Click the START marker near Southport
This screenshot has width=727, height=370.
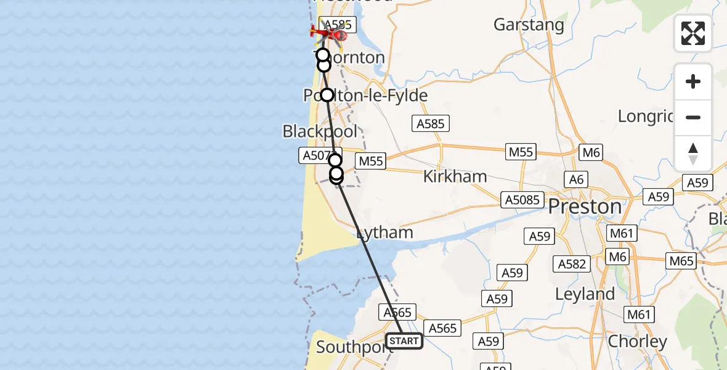pyautogui.click(x=404, y=341)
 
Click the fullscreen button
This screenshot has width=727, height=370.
pyautogui.click(x=693, y=33)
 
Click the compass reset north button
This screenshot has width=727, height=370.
pyautogui.click(x=693, y=154)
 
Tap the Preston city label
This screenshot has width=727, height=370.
pyautogui.click(x=585, y=207)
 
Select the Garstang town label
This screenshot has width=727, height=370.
pyautogui.click(x=529, y=25)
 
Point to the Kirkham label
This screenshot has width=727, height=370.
pyautogui.click(x=455, y=176)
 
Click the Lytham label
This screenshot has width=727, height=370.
pyautogui.click(x=385, y=232)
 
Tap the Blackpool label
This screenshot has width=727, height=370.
pyautogui.click(x=320, y=131)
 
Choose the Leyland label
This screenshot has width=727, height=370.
pyautogui.click(x=585, y=294)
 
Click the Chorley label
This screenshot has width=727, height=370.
pyautogui.click(x=637, y=341)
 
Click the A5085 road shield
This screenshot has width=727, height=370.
pyautogui.click(x=523, y=200)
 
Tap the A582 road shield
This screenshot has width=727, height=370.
pyautogui.click(x=572, y=264)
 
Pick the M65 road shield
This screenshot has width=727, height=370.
pyautogui.click(x=682, y=261)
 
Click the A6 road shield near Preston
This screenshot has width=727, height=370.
pyautogui.click(x=577, y=179)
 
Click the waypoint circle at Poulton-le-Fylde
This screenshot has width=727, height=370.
pyautogui.click(x=327, y=95)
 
